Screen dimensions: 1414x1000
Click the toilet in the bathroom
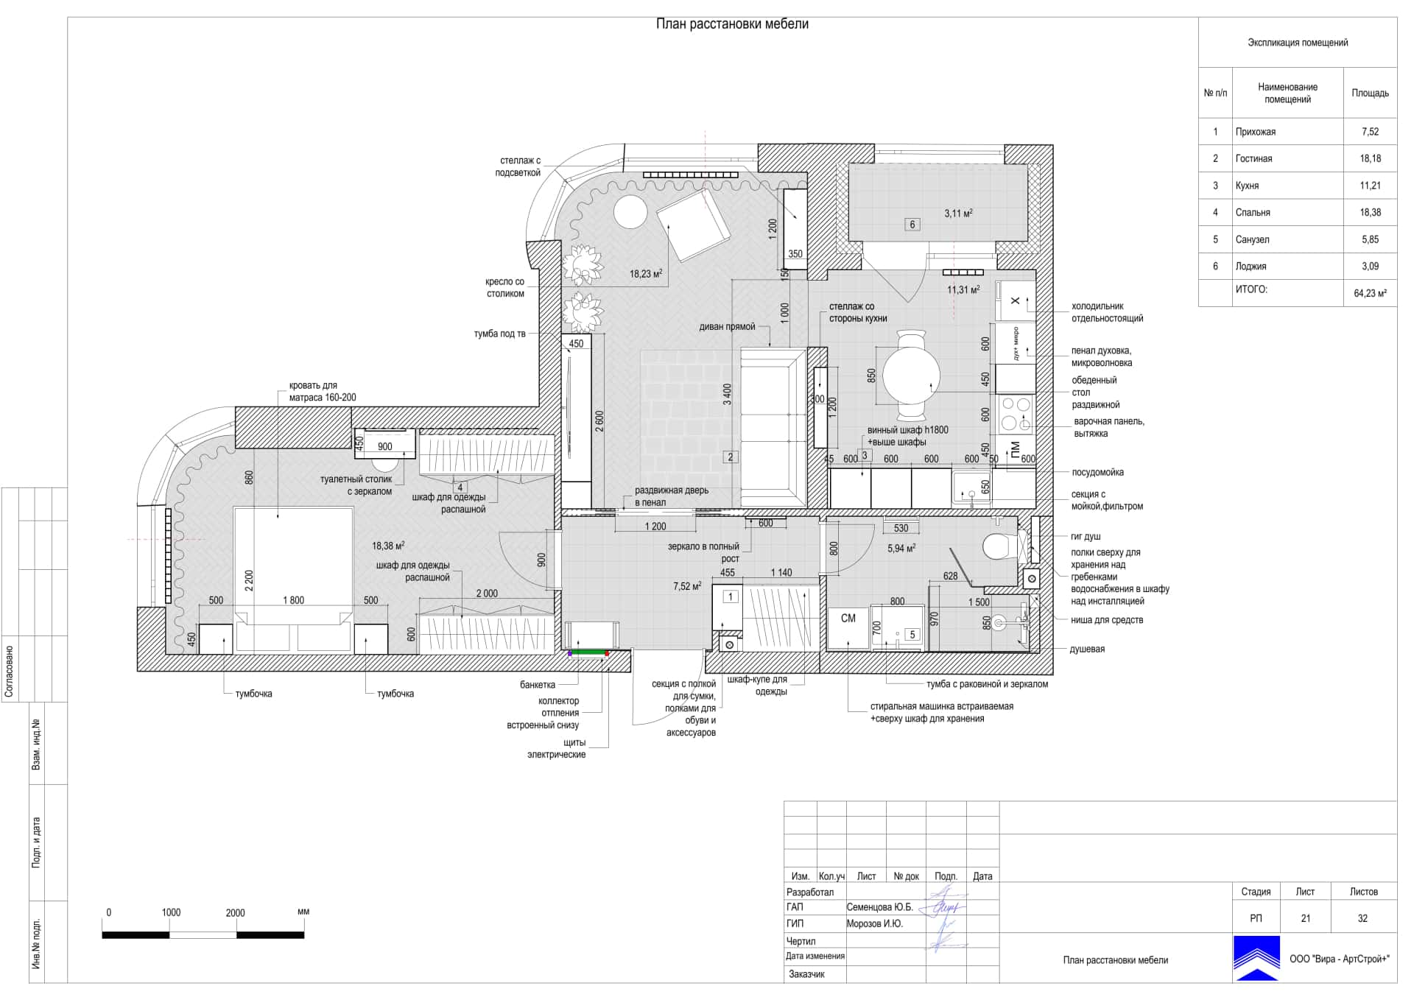point(1000,547)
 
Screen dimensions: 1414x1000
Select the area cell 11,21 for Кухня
point(1370,186)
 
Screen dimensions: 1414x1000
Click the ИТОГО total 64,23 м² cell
point(1370,293)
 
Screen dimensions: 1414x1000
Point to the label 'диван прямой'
point(727,327)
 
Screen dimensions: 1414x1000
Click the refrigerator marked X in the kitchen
point(1015,300)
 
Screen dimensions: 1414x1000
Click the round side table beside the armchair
point(630,212)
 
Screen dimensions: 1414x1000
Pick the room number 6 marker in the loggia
point(912,225)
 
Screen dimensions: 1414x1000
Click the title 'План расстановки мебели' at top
point(732,24)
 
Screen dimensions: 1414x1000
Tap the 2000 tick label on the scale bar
point(235,912)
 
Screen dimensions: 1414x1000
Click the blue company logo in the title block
point(1256,958)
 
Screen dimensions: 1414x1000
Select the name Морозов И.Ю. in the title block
point(874,923)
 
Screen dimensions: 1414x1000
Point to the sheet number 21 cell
point(1305,918)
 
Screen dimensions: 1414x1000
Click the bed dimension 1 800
point(293,600)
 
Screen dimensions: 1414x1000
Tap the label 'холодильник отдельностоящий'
point(1107,312)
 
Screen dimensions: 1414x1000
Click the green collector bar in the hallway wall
point(588,652)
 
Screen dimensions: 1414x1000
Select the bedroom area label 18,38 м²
point(388,546)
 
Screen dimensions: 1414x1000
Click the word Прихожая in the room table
point(1256,132)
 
